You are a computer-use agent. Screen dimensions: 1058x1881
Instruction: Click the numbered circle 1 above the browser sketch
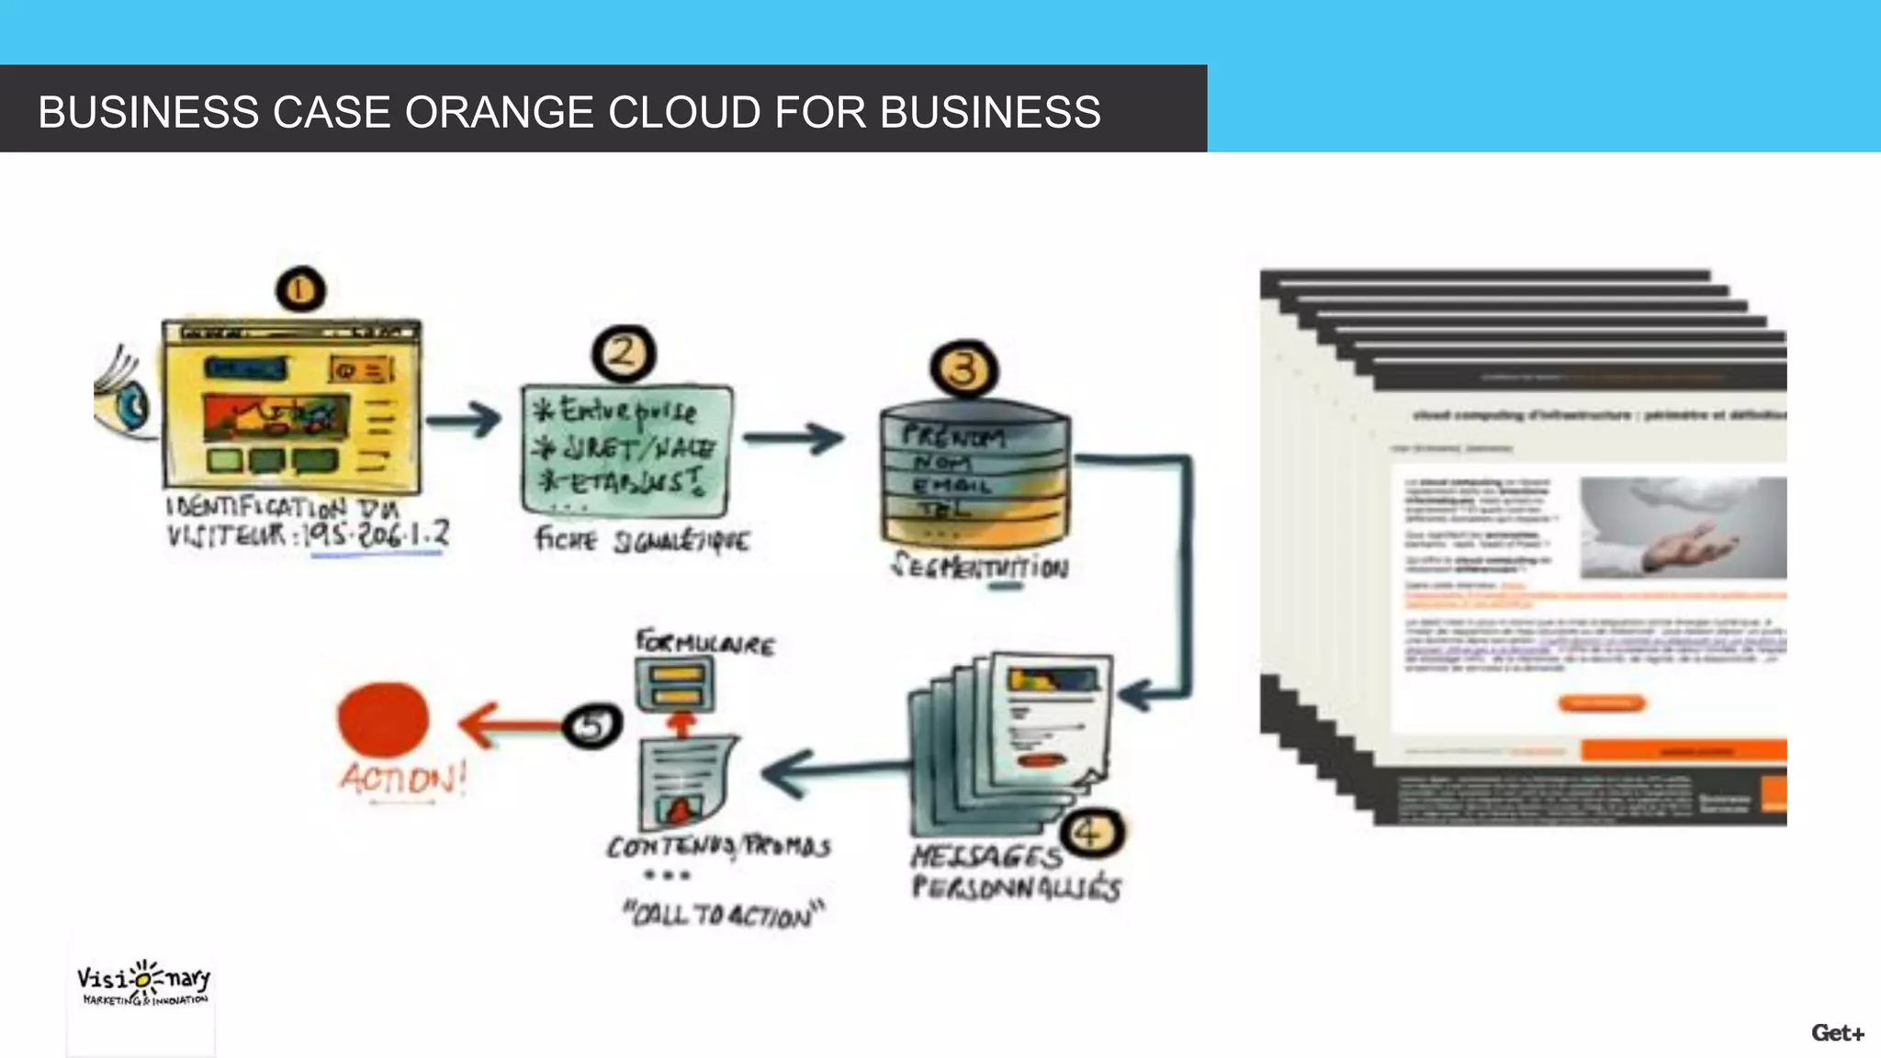pyautogui.click(x=300, y=290)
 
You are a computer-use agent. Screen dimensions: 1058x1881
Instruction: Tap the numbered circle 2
pyautogui.click(x=624, y=354)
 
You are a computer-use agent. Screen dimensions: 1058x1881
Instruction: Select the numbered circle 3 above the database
pyautogui.click(x=963, y=369)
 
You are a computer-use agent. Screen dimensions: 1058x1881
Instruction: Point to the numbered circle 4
pyautogui.click(x=1092, y=833)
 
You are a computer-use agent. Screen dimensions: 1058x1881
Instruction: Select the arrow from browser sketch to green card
pyautogui.click(x=464, y=421)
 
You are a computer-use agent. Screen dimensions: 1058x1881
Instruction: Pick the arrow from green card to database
pyautogui.click(x=794, y=437)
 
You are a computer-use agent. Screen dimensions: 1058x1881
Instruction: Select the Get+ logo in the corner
pyautogui.click(x=1837, y=1033)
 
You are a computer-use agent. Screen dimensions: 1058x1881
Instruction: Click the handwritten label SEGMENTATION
pyautogui.click(x=980, y=566)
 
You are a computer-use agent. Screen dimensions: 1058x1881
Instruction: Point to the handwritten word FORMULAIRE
pyautogui.click(x=705, y=643)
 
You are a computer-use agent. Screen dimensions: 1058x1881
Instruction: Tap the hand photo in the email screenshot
pyautogui.click(x=1683, y=528)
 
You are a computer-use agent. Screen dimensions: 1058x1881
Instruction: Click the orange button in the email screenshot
pyautogui.click(x=1601, y=703)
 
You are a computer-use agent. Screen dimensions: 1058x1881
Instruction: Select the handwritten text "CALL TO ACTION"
pyautogui.click(x=724, y=915)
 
